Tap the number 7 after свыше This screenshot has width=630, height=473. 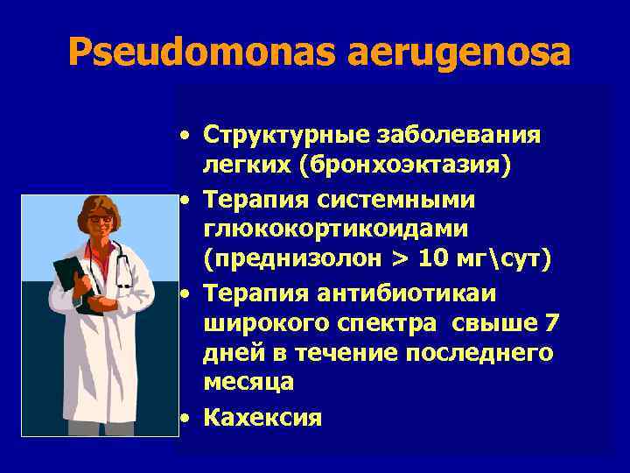point(551,323)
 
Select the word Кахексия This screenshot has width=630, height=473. point(262,417)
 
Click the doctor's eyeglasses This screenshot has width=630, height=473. point(100,218)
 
